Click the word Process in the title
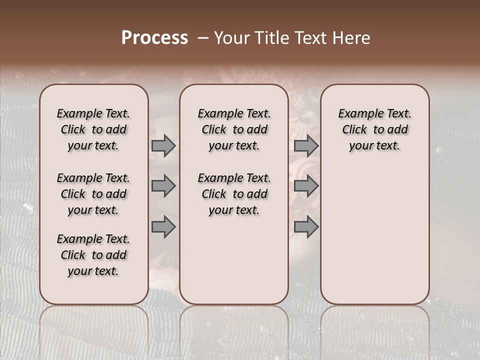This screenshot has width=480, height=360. [154, 38]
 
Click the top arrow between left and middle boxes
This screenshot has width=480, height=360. [163, 145]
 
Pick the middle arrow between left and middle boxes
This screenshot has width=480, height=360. [163, 186]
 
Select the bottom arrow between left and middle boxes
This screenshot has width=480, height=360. [163, 227]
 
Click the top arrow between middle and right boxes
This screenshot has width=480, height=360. [306, 145]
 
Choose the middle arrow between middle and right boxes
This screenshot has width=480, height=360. [306, 186]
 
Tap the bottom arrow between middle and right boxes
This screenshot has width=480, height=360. [306, 227]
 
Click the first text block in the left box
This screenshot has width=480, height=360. [93, 129]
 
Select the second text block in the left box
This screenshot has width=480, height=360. [93, 194]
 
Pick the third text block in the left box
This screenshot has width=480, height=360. [93, 255]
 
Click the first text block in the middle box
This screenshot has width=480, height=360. [234, 129]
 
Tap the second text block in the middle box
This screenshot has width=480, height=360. [234, 194]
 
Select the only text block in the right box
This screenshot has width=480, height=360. [374, 129]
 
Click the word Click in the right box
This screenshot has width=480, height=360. [354, 129]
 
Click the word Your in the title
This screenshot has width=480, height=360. [230, 38]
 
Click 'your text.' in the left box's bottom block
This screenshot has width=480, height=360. [93, 271]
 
